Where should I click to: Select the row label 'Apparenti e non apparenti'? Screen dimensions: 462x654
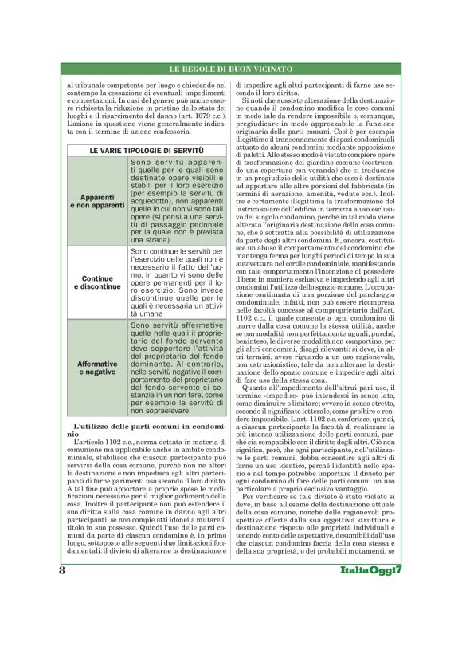[x=96, y=199]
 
